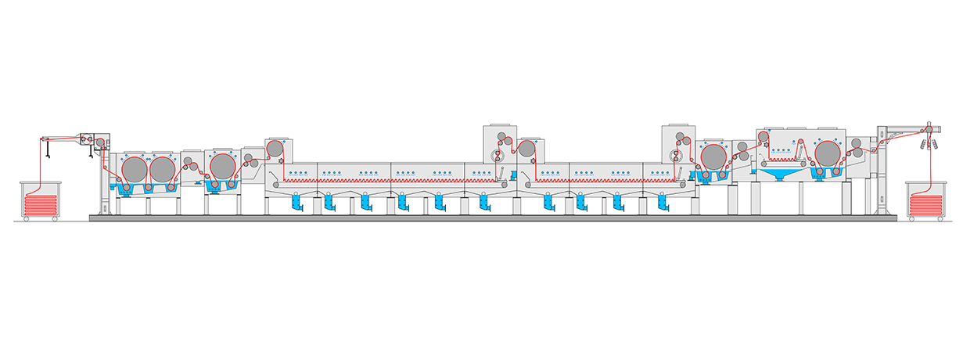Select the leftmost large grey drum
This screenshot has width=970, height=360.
[135, 168]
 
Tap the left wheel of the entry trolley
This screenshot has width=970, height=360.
[27, 219]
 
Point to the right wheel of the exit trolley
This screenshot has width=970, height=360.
[943, 219]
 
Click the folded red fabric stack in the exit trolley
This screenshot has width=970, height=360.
[929, 205]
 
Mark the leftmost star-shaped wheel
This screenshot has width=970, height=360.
[282, 162]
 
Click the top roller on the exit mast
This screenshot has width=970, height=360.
[928, 125]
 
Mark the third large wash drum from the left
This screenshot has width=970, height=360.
[222, 166]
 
